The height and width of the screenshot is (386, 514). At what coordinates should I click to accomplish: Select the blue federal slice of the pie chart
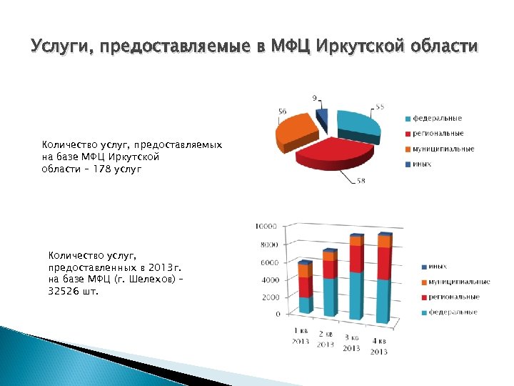pyautogui.click(x=358, y=124)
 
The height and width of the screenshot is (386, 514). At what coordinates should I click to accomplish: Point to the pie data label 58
pyautogui.click(x=361, y=181)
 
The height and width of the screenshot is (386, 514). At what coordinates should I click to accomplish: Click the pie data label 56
pyautogui.click(x=283, y=112)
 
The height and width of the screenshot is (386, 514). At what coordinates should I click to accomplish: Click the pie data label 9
pyautogui.click(x=315, y=97)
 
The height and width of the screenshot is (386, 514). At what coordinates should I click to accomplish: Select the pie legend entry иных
pyautogui.click(x=421, y=164)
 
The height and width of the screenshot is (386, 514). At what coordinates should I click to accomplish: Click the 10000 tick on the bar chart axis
pyautogui.click(x=266, y=227)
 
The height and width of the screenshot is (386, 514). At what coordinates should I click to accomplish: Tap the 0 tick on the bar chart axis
pyautogui.click(x=277, y=314)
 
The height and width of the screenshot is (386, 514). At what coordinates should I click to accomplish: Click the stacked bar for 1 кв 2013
pyautogui.click(x=306, y=289)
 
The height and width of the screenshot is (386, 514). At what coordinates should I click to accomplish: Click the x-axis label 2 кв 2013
pyautogui.click(x=326, y=340)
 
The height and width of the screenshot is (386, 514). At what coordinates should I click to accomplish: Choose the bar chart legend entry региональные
pyautogui.click(x=454, y=297)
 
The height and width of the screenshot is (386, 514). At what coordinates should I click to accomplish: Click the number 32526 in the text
pyautogui.click(x=64, y=291)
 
